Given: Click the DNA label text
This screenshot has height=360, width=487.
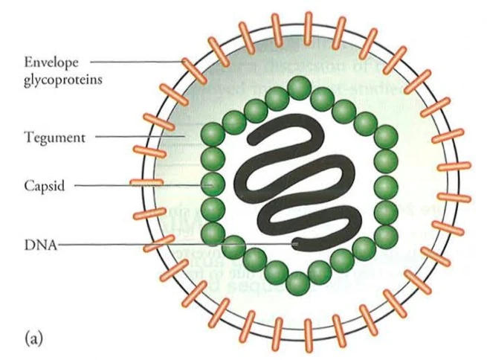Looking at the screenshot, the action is pyautogui.click(x=36, y=242).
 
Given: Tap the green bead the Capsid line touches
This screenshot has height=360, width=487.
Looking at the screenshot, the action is pyautogui.click(x=213, y=183).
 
